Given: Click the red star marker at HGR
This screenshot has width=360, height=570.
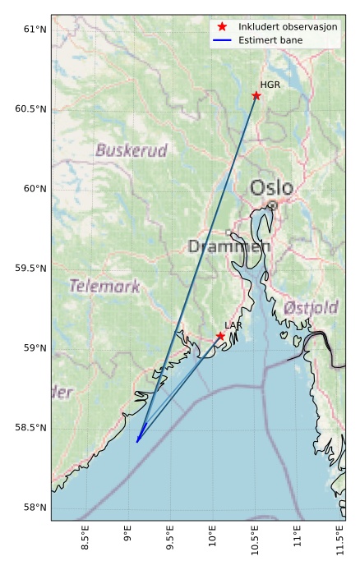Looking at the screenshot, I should click(x=256, y=95).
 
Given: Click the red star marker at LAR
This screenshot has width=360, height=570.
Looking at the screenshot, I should click(x=220, y=336).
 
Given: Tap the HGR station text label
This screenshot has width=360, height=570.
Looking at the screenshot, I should click(x=270, y=85).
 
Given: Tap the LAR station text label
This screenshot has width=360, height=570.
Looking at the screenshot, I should click(x=233, y=326).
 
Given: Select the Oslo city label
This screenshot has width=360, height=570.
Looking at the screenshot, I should click(x=271, y=188).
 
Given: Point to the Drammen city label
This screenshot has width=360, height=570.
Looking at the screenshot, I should click(x=229, y=246).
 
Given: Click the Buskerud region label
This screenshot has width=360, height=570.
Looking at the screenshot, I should click(x=132, y=150).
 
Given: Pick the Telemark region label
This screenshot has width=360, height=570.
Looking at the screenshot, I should click(x=104, y=287).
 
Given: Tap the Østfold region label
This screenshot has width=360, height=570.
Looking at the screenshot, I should click(x=311, y=308).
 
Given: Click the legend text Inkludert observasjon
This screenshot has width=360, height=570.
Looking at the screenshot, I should click(x=288, y=27).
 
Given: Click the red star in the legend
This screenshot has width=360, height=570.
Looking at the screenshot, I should click(x=222, y=27).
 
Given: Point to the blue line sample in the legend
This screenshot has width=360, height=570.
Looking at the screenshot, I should click(x=222, y=40).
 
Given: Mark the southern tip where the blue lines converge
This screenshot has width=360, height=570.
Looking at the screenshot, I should click(x=136, y=442).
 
